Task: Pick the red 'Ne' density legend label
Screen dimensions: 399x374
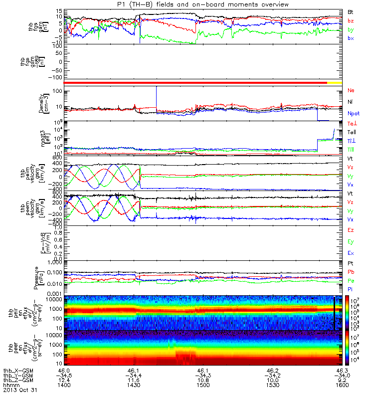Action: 351,91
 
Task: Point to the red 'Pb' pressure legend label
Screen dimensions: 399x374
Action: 351,272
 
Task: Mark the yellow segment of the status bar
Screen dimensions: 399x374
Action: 334,82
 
